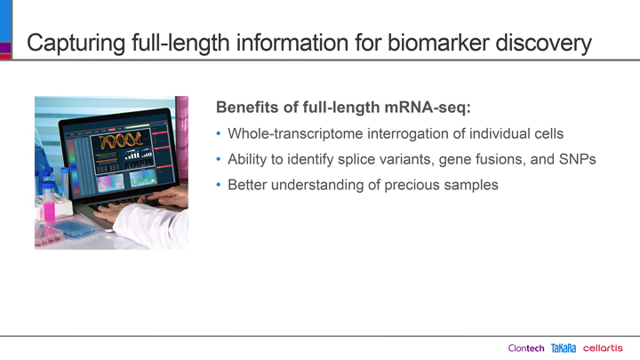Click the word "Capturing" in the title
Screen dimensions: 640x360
(76, 44)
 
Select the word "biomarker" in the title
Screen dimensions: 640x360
(438, 43)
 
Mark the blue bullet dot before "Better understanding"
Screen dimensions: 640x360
(219, 185)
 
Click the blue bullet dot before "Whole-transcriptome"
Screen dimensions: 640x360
(219, 133)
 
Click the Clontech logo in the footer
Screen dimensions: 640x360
(526, 348)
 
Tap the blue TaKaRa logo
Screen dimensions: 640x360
(564, 348)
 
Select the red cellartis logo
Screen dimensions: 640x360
(603, 348)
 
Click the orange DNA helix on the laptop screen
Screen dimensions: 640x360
(121, 140)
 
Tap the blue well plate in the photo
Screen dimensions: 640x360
(75, 228)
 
